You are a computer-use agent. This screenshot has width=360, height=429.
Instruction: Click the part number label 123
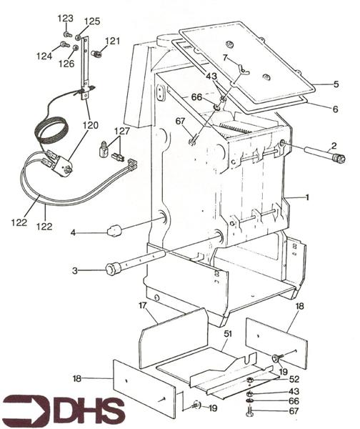tap(65, 19)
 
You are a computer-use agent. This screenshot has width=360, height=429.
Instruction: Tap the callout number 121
tap(112, 41)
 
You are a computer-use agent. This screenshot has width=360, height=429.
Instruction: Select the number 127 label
tap(122, 131)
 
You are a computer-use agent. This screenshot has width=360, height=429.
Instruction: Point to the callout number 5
tap(336, 84)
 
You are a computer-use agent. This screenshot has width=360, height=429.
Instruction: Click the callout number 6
tap(335, 109)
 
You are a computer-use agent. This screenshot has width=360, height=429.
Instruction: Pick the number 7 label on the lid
tap(225, 58)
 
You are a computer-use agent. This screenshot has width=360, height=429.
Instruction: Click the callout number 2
tap(334, 146)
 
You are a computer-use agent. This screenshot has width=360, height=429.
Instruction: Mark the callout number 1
tap(307, 197)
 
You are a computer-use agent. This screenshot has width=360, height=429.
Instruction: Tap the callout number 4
tap(73, 233)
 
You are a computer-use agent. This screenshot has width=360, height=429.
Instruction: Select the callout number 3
tap(75, 271)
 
